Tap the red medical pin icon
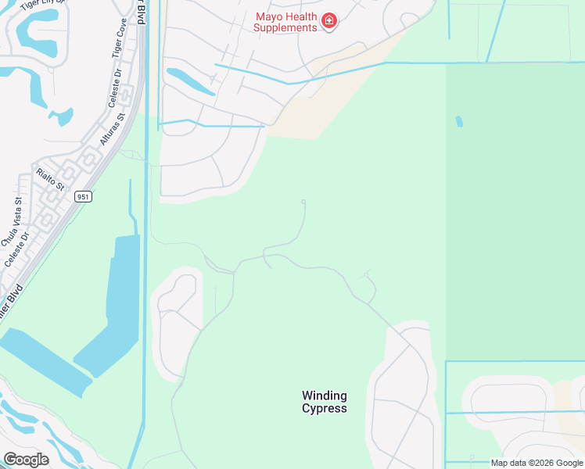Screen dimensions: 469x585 [x=329, y=20]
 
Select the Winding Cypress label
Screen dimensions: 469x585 [x=325, y=402]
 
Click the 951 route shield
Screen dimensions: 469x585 [x=84, y=197]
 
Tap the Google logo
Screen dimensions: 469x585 [x=26, y=460]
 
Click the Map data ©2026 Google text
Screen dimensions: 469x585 [x=537, y=463]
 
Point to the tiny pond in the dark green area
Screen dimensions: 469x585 [x=459, y=122]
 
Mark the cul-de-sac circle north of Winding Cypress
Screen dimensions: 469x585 [x=303, y=202]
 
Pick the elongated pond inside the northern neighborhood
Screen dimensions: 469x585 [x=189, y=81]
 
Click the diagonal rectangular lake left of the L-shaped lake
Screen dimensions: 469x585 [x=44, y=358]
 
